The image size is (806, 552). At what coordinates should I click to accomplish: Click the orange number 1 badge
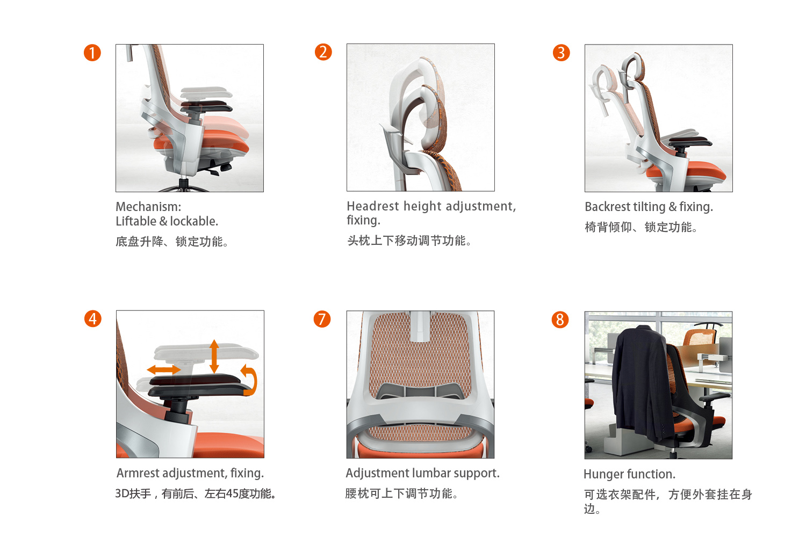tap(92, 53)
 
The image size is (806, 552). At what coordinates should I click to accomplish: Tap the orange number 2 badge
tap(323, 52)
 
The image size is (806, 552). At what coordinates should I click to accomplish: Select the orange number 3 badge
tap(561, 53)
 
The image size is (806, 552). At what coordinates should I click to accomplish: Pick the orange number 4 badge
tap(93, 319)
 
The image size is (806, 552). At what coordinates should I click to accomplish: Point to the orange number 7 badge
tap(322, 319)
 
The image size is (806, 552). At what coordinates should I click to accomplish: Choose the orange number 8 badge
tap(560, 319)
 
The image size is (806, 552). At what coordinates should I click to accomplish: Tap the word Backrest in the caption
tap(607, 207)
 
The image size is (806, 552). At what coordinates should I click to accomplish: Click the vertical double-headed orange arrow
tap(214, 356)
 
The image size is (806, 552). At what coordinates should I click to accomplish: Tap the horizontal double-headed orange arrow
tap(164, 369)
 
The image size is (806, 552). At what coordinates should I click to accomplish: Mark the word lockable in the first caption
tap(193, 221)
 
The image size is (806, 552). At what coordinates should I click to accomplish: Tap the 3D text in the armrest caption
tap(122, 493)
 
